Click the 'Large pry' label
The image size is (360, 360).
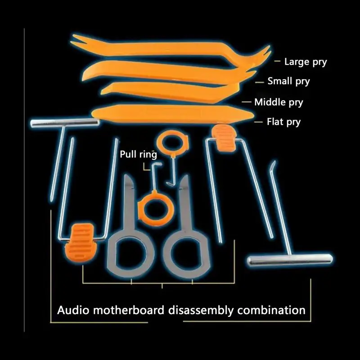306,62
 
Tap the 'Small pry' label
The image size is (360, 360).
288,81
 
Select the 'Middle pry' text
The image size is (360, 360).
279,102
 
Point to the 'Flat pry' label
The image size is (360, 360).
283,122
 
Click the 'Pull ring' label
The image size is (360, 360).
139,154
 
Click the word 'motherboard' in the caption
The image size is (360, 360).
129,310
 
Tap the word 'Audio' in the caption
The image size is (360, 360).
73,310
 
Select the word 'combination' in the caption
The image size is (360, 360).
271,310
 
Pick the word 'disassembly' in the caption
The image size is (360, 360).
201,310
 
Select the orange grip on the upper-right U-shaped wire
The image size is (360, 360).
223,137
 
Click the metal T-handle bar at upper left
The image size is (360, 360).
65,122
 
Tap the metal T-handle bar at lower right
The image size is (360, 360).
290,260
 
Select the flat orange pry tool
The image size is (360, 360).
172,113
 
